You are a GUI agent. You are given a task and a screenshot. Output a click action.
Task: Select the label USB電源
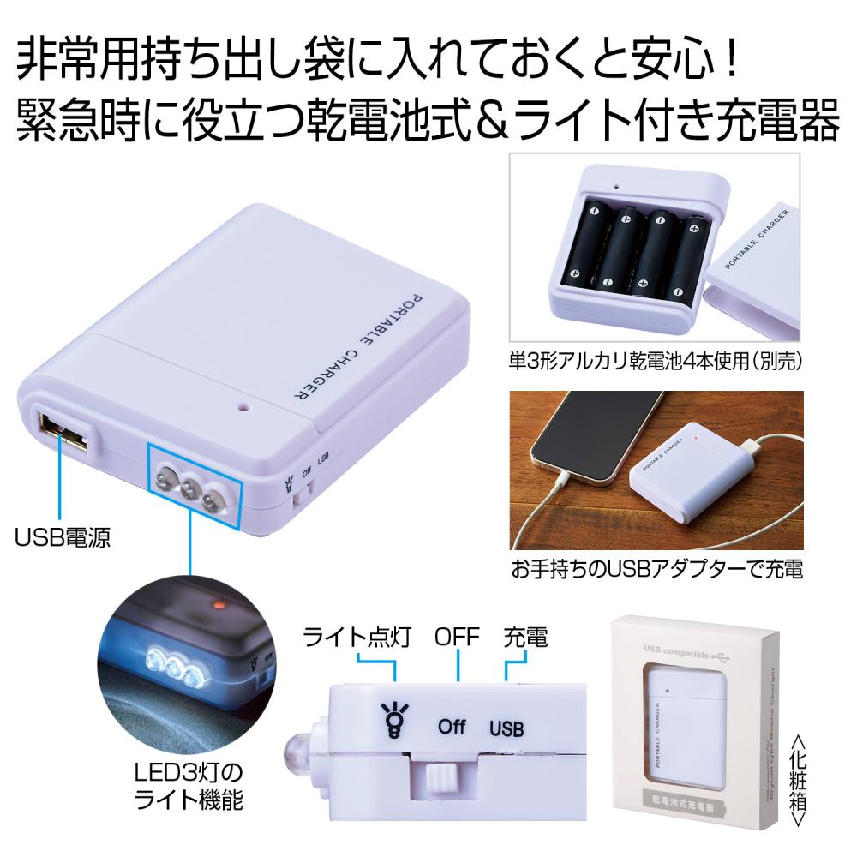coord(63,538)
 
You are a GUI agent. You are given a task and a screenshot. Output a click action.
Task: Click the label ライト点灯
coord(359,638)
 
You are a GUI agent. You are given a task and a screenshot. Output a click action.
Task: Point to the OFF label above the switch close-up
coord(458,638)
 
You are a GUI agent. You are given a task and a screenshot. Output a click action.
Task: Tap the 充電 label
coord(525,638)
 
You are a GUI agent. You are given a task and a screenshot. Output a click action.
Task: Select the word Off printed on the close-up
coord(452,727)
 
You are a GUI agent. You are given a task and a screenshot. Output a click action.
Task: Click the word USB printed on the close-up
coord(506,729)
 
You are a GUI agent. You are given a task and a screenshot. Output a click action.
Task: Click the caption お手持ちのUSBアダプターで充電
coord(656,569)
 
